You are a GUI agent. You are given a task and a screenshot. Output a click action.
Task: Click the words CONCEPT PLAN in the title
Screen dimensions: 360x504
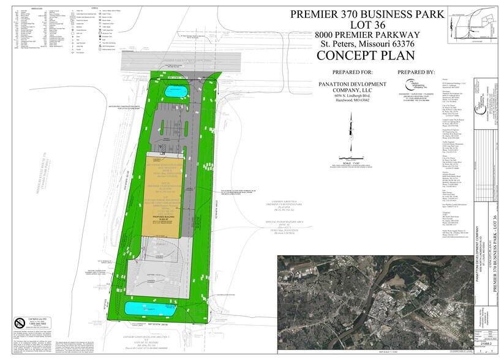click(x=366, y=55)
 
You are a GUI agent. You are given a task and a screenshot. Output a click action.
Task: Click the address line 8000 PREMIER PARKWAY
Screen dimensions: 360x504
click(x=366, y=34)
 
